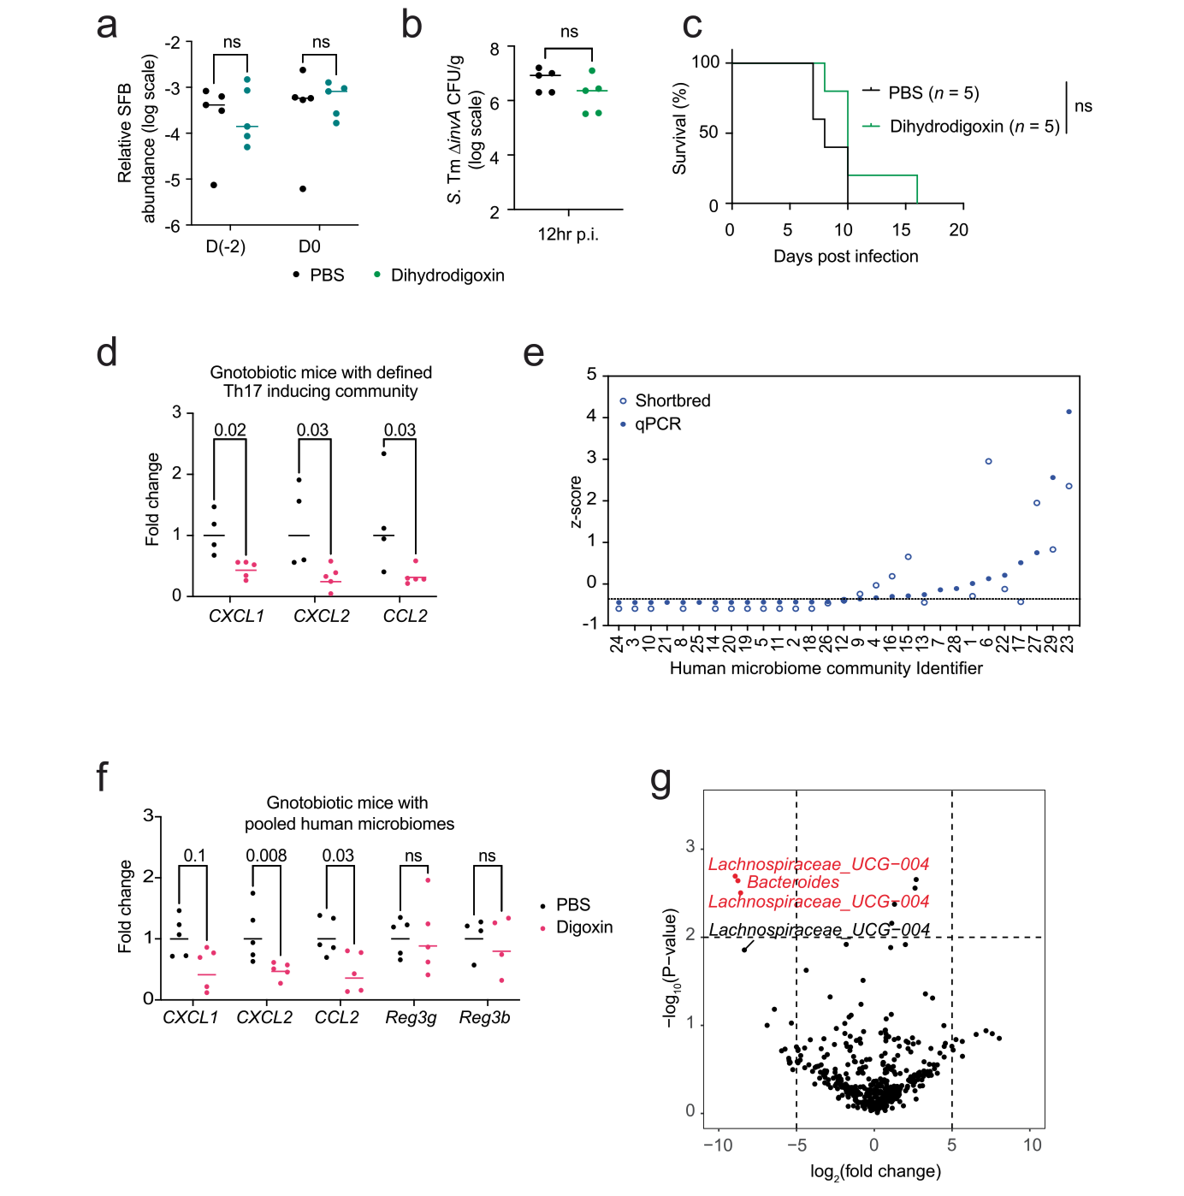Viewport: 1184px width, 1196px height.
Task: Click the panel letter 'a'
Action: click(106, 27)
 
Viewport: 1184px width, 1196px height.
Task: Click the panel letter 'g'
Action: click(660, 780)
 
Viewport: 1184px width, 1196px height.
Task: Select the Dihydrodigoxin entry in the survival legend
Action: click(974, 127)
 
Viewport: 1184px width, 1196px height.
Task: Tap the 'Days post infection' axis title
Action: click(845, 257)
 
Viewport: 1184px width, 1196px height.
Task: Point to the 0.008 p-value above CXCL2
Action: click(266, 856)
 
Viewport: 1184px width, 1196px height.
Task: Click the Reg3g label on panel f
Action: click(411, 1017)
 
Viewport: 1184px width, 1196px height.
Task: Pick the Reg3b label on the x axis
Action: click(484, 1017)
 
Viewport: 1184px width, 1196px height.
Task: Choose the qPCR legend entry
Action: click(658, 424)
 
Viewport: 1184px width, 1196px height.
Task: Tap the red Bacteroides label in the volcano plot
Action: click(793, 882)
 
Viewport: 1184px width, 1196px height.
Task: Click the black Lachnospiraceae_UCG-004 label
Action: click(819, 930)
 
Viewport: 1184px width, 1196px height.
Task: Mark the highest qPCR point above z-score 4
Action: click(1069, 411)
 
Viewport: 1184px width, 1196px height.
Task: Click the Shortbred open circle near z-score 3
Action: click(988, 461)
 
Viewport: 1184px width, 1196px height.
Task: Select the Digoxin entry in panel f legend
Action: click(584, 927)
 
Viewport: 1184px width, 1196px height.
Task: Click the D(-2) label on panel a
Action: click(226, 246)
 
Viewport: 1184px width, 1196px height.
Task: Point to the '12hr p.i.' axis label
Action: click(567, 234)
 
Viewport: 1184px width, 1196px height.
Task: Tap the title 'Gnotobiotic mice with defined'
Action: click(321, 373)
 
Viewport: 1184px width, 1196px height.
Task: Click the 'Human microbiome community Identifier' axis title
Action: click(826, 668)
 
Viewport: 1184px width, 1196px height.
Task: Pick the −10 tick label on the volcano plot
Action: click(717, 1145)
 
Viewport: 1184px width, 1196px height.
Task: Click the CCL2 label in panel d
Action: click(405, 616)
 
